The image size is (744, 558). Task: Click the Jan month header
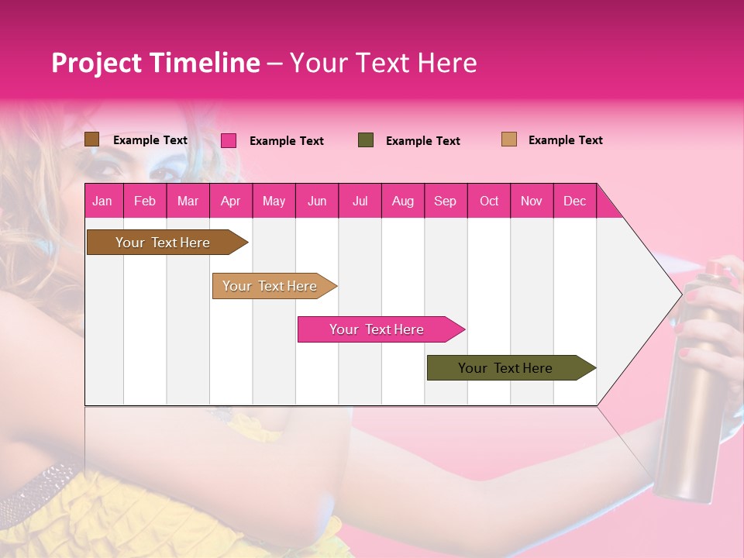pyautogui.click(x=103, y=201)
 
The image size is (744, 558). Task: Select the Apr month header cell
pyautogui.click(x=231, y=201)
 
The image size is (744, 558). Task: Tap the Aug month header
pyautogui.click(x=402, y=201)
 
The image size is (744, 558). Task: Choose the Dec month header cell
pyautogui.click(x=574, y=201)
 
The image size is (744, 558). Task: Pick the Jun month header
pyautogui.click(x=317, y=201)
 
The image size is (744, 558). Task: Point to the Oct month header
pyautogui.click(x=489, y=201)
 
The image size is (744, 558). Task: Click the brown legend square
pyautogui.click(x=91, y=139)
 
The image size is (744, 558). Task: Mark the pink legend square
pyautogui.click(x=229, y=140)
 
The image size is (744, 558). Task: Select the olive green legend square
pyautogui.click(x=366, y=140)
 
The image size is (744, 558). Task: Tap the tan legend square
pyautogui.click(x=508, y=139)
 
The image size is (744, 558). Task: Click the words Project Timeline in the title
pyautogui.click(x=155, y=63)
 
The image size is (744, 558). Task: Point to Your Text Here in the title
pyautogui.click(x=383, y=63)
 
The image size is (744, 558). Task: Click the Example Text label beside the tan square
pyautogui.click(x=565, y=140)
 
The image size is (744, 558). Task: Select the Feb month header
pyautogui.click(x=145, y=201)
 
